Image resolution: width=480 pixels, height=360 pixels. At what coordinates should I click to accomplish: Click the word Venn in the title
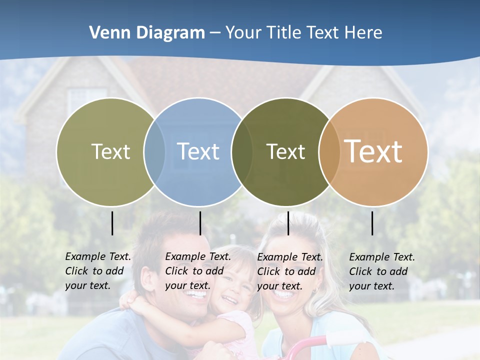107,33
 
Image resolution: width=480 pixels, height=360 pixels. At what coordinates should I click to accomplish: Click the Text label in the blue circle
198,151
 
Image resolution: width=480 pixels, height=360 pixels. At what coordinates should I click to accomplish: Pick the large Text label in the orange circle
373,151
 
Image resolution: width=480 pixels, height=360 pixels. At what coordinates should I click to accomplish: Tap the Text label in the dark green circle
285,151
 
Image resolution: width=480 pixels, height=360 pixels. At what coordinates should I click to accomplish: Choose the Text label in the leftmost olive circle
110,151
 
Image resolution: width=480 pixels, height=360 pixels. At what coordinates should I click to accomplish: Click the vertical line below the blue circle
200,223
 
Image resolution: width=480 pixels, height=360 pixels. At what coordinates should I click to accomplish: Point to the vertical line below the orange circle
372,223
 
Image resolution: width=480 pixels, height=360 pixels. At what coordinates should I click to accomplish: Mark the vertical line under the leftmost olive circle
112,223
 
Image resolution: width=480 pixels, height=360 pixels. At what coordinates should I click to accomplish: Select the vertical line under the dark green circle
288,223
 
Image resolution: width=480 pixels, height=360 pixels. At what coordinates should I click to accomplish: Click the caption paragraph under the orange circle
381,271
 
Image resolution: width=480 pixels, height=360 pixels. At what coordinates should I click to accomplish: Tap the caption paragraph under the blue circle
197,271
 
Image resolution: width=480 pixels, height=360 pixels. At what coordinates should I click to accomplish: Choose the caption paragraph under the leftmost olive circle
97,271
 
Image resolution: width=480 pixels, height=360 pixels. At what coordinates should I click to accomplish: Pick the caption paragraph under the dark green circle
289,271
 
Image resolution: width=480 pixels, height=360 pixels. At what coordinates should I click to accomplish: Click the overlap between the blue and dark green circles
242,152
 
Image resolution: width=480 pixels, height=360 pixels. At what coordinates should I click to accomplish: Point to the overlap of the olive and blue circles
154,152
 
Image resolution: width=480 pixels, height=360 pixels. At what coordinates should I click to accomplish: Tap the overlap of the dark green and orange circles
329,152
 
